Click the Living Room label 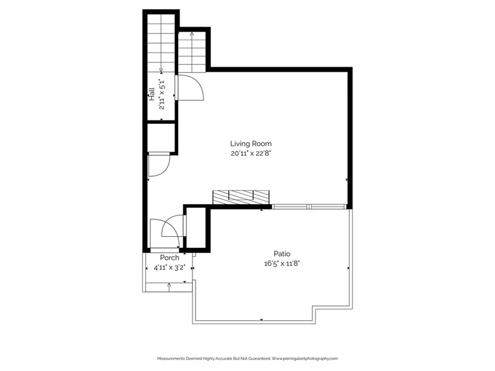[x=251, y=144]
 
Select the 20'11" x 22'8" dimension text [x=251, y=153]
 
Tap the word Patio [x=282, y=254]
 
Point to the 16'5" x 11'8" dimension [x=282, y=263]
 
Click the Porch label [x=170, y=258]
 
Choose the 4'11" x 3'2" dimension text [x=169, y=268]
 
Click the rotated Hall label [x=152, y=94]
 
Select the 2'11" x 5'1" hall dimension [x=162, y=94]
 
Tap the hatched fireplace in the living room [x=241, y=197]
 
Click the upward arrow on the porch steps [x=169, y=287]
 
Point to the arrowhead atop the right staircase [x=192, y=33]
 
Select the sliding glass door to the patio [x=309, y=207]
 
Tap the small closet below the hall [x=161, y=137]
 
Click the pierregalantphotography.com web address [x=304, y=359]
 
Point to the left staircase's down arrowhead [x=161, y=70]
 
